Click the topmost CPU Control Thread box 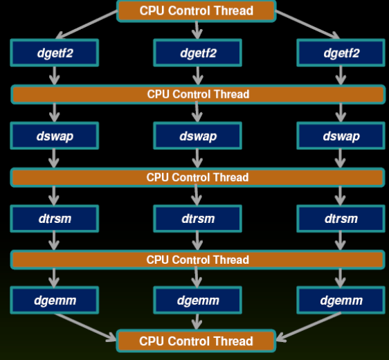point(197,11)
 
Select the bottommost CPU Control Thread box point(196,341)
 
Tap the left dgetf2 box point(54,53)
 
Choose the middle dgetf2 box point(198,53)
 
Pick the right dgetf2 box point(341,53)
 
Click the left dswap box point(54,136)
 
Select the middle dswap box point(198,136)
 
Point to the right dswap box point(341,136)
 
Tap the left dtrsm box point(54,219)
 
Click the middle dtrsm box point(198,219)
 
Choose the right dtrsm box point(341,219)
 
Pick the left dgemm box point(54,300)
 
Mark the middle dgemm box point(198,300)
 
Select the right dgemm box point(341,300)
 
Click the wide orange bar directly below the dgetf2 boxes point(198,94)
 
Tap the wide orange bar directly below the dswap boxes point(198,177)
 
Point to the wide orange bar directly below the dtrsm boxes point(198,260)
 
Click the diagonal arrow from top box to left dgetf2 point(87,24)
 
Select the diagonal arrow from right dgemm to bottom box point(309,327)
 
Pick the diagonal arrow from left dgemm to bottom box point(85,327)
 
